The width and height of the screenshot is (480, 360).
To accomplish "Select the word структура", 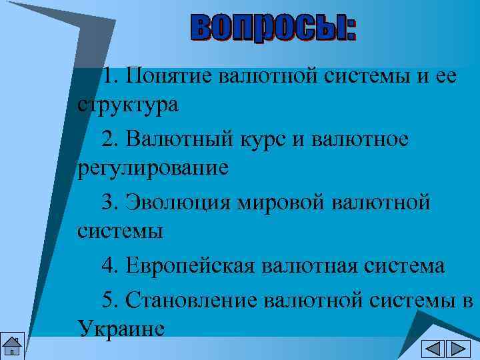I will [x=127, y=105].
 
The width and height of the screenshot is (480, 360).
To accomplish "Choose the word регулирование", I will [x=153, y=168].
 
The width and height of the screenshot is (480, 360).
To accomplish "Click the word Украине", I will [x=121, y=328].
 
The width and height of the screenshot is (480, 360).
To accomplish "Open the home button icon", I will [x=12, y=347].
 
